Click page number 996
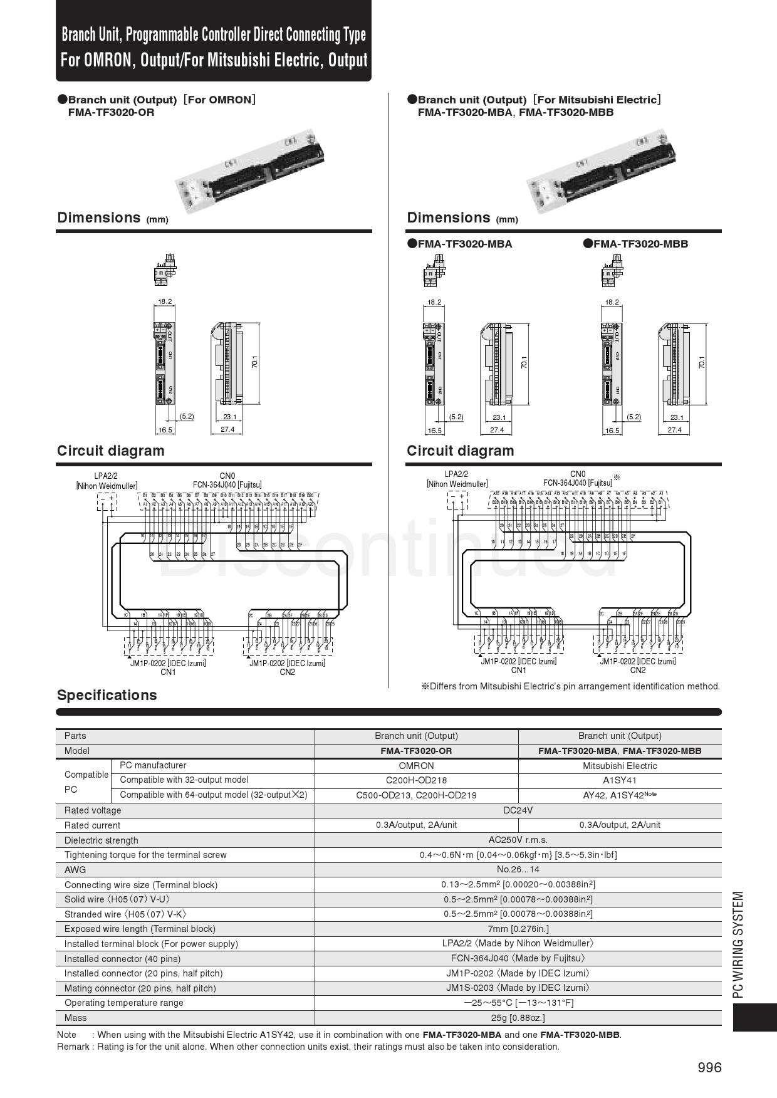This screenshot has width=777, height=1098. pos(709,1067)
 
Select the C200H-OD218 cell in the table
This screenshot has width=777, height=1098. pos(416,780)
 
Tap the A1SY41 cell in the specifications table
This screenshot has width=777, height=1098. pos(620,780)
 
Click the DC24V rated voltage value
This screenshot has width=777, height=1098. pos(518,810)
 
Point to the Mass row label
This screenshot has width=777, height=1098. pos(76,1018)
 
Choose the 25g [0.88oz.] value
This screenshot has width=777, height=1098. pos(518,1018)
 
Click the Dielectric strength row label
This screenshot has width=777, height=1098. pos(101,840)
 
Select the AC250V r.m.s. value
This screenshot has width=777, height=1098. pos(518,840)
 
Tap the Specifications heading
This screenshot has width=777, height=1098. pos(107,695)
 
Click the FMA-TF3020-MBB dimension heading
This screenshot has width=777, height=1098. pos(640,244)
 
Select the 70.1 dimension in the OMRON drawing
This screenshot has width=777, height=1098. pos(255,362)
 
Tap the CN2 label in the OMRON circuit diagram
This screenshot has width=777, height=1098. pos(287,672)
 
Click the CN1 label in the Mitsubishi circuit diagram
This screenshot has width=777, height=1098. pos(518,670)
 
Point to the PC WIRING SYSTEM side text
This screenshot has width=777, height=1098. pos(739,944)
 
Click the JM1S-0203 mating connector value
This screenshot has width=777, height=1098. pos(518,988)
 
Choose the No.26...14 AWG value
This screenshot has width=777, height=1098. pos(518,870)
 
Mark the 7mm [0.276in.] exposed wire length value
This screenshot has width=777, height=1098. pos(518,929)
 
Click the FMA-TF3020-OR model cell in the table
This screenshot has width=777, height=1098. pos(416,751)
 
